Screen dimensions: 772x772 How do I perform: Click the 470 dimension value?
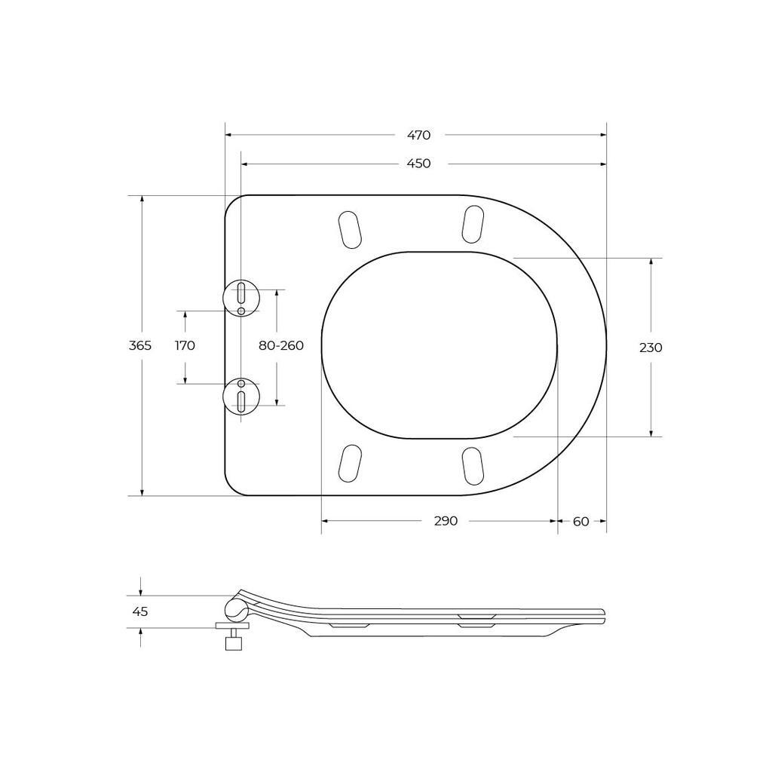point(419,135)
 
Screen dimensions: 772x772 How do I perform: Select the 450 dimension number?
point(419,164)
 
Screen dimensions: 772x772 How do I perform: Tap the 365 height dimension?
point(140,345)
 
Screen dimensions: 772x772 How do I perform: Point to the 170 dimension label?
point(185,345)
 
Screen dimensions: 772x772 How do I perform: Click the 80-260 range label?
point(281,345)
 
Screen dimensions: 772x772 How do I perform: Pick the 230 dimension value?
point(651,348)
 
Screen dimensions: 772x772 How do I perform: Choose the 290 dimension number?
point(446,521)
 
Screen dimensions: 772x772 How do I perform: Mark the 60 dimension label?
point(581,522)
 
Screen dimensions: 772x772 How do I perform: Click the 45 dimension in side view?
point(140,611)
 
